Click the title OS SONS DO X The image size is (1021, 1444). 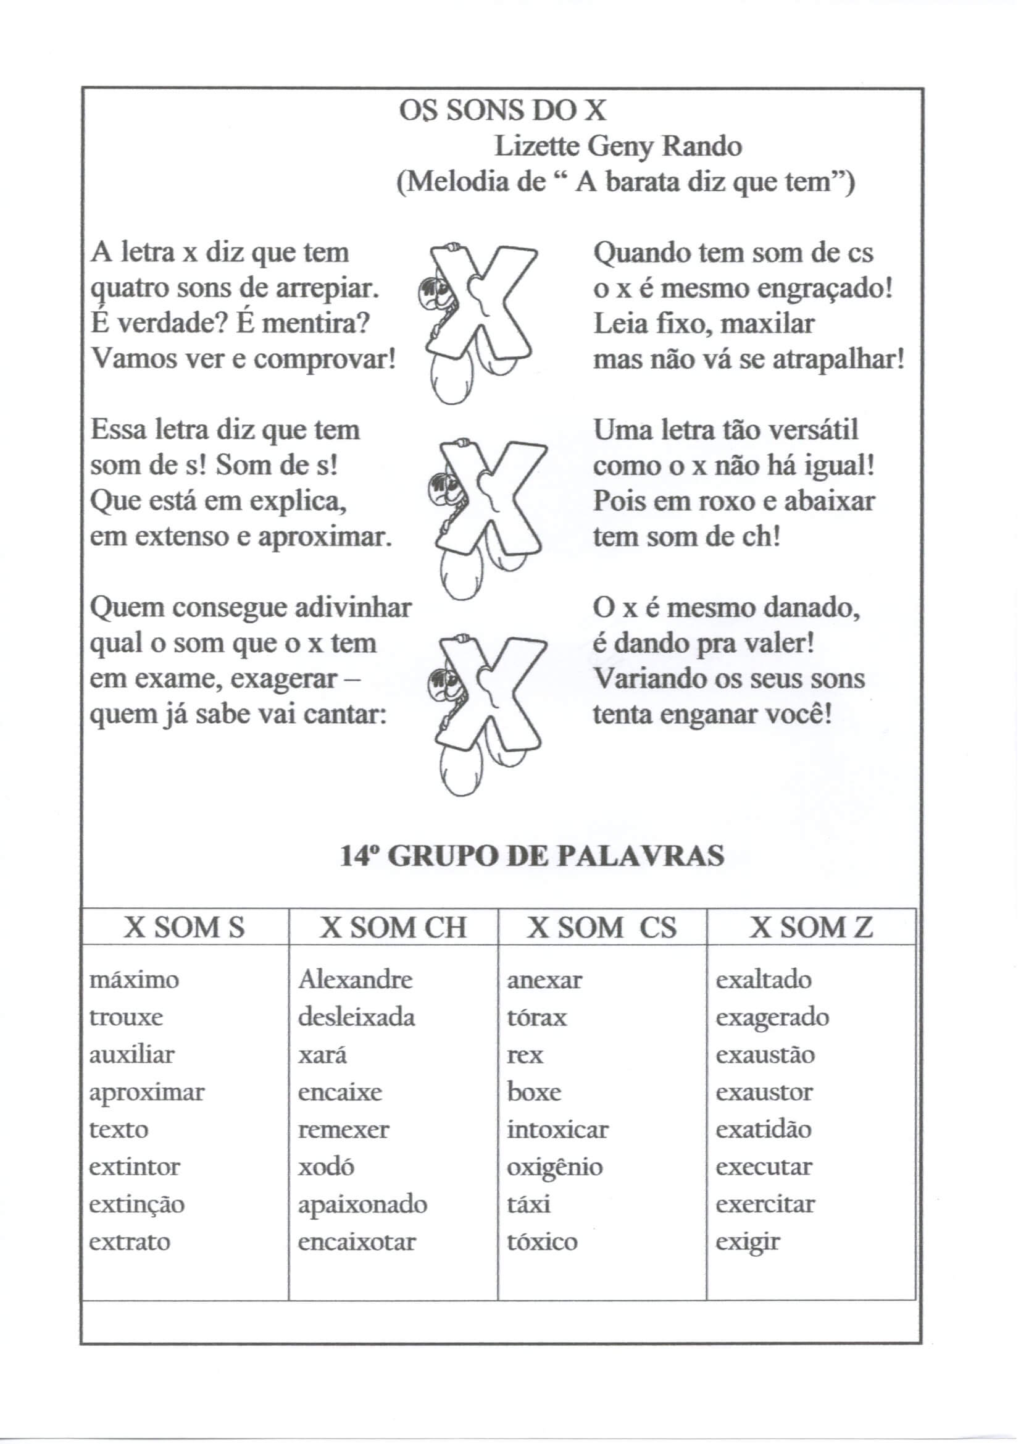pos(502,111)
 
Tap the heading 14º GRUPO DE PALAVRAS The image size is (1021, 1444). pos(532,857)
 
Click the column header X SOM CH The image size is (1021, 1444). pos(393,928)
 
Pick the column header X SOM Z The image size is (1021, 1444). pos(811,928)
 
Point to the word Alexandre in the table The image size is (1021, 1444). pos(355,980)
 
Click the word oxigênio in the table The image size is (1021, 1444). pos(554,1167)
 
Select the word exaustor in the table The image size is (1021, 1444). pos(764,1093)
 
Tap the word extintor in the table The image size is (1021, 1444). pos(135,1167)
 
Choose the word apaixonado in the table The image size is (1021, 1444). pos(363,1205)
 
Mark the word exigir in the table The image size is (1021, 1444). pos(748,1243)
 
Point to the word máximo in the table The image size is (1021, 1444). pos(134,980)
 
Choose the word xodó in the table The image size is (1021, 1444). pos(326,1167)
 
